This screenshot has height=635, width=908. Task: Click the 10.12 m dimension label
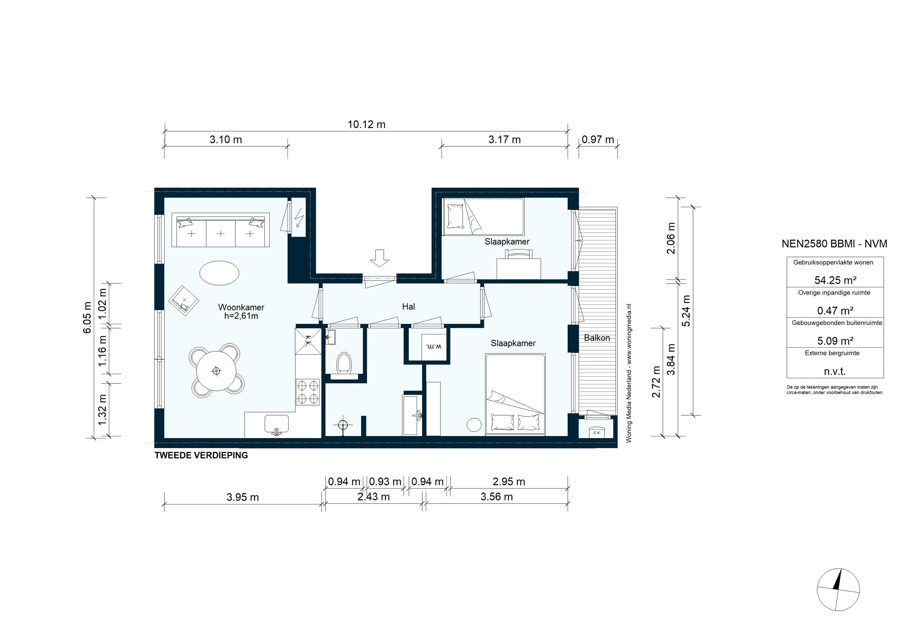point(366,125)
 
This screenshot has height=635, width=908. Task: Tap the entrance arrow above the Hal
point(380,258)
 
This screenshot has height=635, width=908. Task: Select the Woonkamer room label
point(241,307)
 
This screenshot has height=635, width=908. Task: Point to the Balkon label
point(597,338)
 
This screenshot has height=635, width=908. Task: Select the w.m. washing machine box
point(434,347)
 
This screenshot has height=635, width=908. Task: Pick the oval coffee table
point(219,272)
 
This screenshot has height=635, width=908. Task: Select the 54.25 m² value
point(835,280)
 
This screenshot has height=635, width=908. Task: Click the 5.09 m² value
point(835,340)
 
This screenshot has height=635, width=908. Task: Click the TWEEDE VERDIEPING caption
point(201,455)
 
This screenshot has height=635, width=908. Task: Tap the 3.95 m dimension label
point(242,497)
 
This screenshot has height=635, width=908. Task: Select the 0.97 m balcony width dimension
point(597,139)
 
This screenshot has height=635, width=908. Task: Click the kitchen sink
point(276,424)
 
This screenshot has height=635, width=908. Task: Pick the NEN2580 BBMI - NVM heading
point(834,244)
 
